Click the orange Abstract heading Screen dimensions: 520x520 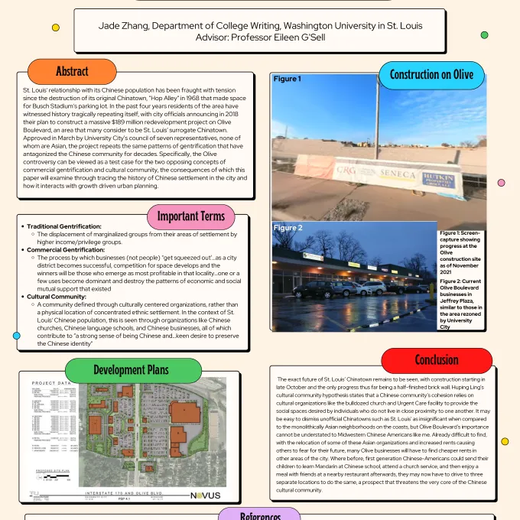coord(73,72)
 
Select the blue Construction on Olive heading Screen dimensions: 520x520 coord(431,75)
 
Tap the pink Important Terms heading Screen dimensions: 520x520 coord(191,216)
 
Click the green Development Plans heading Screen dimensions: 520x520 coord(131,370)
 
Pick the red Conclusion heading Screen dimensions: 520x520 coord(436,360)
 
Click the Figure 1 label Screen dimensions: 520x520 coord(287,79)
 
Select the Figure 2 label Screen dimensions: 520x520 coord(288,228)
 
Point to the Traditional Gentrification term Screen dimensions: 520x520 coord(64,226)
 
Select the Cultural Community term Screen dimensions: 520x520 coord(57,297)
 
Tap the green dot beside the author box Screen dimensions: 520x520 coord(484,34)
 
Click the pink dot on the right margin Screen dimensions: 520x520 coord(502,182)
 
